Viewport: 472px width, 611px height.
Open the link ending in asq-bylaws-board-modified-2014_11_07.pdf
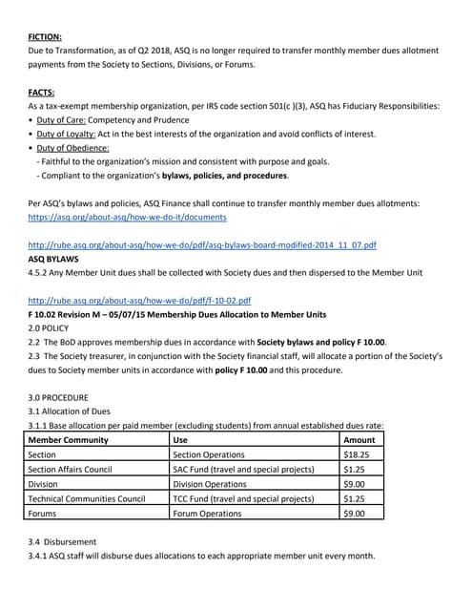(x=202, y=245)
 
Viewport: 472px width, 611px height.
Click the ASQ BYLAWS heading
(x=53, y=259)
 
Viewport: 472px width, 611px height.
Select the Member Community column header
(x=69, y=440)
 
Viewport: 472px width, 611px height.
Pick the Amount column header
(x=359, y=440)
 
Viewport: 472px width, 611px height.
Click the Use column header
(x=181, y=440)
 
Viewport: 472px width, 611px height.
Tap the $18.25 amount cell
(x=357, y=455)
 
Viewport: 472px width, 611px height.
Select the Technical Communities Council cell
(x=87, y=498)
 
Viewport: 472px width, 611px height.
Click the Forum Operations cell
(x=207, y=514)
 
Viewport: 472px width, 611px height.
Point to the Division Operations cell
(x=210, y=484)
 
